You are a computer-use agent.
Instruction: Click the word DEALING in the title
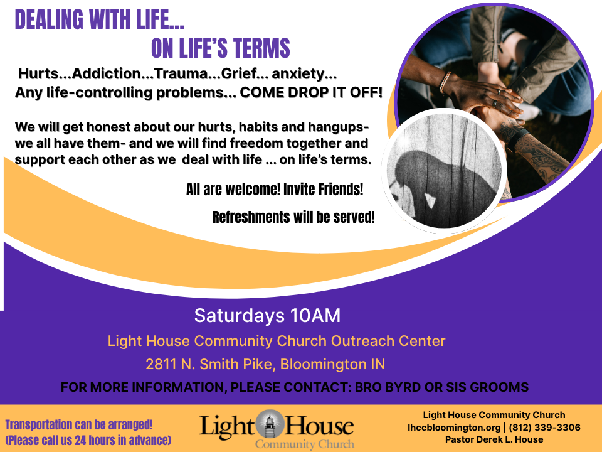click(49, 19)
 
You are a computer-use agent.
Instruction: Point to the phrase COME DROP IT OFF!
click(312, 93)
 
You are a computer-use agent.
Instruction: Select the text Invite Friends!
click(324, 190)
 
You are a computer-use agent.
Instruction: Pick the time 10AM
click(315, 316)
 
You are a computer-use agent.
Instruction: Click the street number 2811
click(161, 364)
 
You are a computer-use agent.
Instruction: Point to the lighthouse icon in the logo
click(270, 424)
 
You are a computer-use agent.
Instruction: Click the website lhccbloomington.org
click(454, 428)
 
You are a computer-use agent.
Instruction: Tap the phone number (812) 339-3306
click(544, 428)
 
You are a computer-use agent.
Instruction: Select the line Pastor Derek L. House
click(494, 439)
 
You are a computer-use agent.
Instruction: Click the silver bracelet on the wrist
click(445, 83)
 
